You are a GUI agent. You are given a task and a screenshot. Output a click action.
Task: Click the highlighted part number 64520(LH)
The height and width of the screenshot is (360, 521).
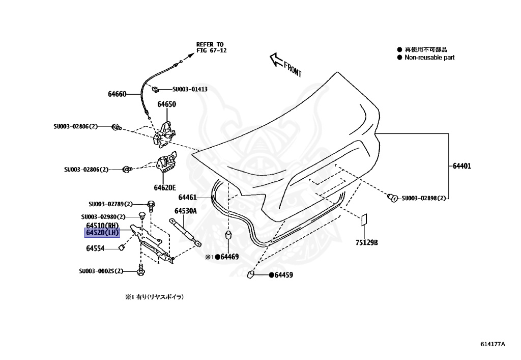point(102,233)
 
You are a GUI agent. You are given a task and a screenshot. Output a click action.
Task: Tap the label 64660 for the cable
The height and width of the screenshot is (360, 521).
point(117,94)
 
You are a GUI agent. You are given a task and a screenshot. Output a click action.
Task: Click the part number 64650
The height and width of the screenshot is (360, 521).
point(166,104)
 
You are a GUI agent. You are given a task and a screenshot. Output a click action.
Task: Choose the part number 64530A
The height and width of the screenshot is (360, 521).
point(186,210)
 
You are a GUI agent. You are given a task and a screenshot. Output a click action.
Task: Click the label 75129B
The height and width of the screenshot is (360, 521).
point(366,243)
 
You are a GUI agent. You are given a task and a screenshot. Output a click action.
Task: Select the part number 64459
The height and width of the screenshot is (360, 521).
point(284,275)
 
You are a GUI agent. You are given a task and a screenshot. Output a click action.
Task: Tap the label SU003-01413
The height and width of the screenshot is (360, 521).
point(190,89)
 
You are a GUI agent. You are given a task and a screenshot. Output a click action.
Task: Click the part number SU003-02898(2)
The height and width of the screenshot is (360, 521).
point(423,198)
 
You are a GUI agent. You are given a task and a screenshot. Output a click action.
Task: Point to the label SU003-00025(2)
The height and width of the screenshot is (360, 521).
point(101,271)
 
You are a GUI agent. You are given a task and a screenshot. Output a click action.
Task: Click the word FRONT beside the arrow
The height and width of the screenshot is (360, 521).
point(293,69)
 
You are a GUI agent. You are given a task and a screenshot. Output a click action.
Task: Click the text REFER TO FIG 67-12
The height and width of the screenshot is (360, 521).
point(211,47)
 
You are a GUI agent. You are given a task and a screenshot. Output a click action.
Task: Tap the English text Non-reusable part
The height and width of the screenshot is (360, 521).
point(429,58)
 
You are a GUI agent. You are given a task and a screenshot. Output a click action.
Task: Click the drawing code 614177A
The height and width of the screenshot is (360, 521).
point(493,344)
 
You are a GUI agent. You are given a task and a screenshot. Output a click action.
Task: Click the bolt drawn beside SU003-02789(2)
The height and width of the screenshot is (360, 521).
point(151,206)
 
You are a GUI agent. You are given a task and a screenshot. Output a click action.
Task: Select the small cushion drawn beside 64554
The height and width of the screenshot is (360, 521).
point(122,248)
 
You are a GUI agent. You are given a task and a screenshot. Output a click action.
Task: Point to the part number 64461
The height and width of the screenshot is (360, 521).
point(187,197)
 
